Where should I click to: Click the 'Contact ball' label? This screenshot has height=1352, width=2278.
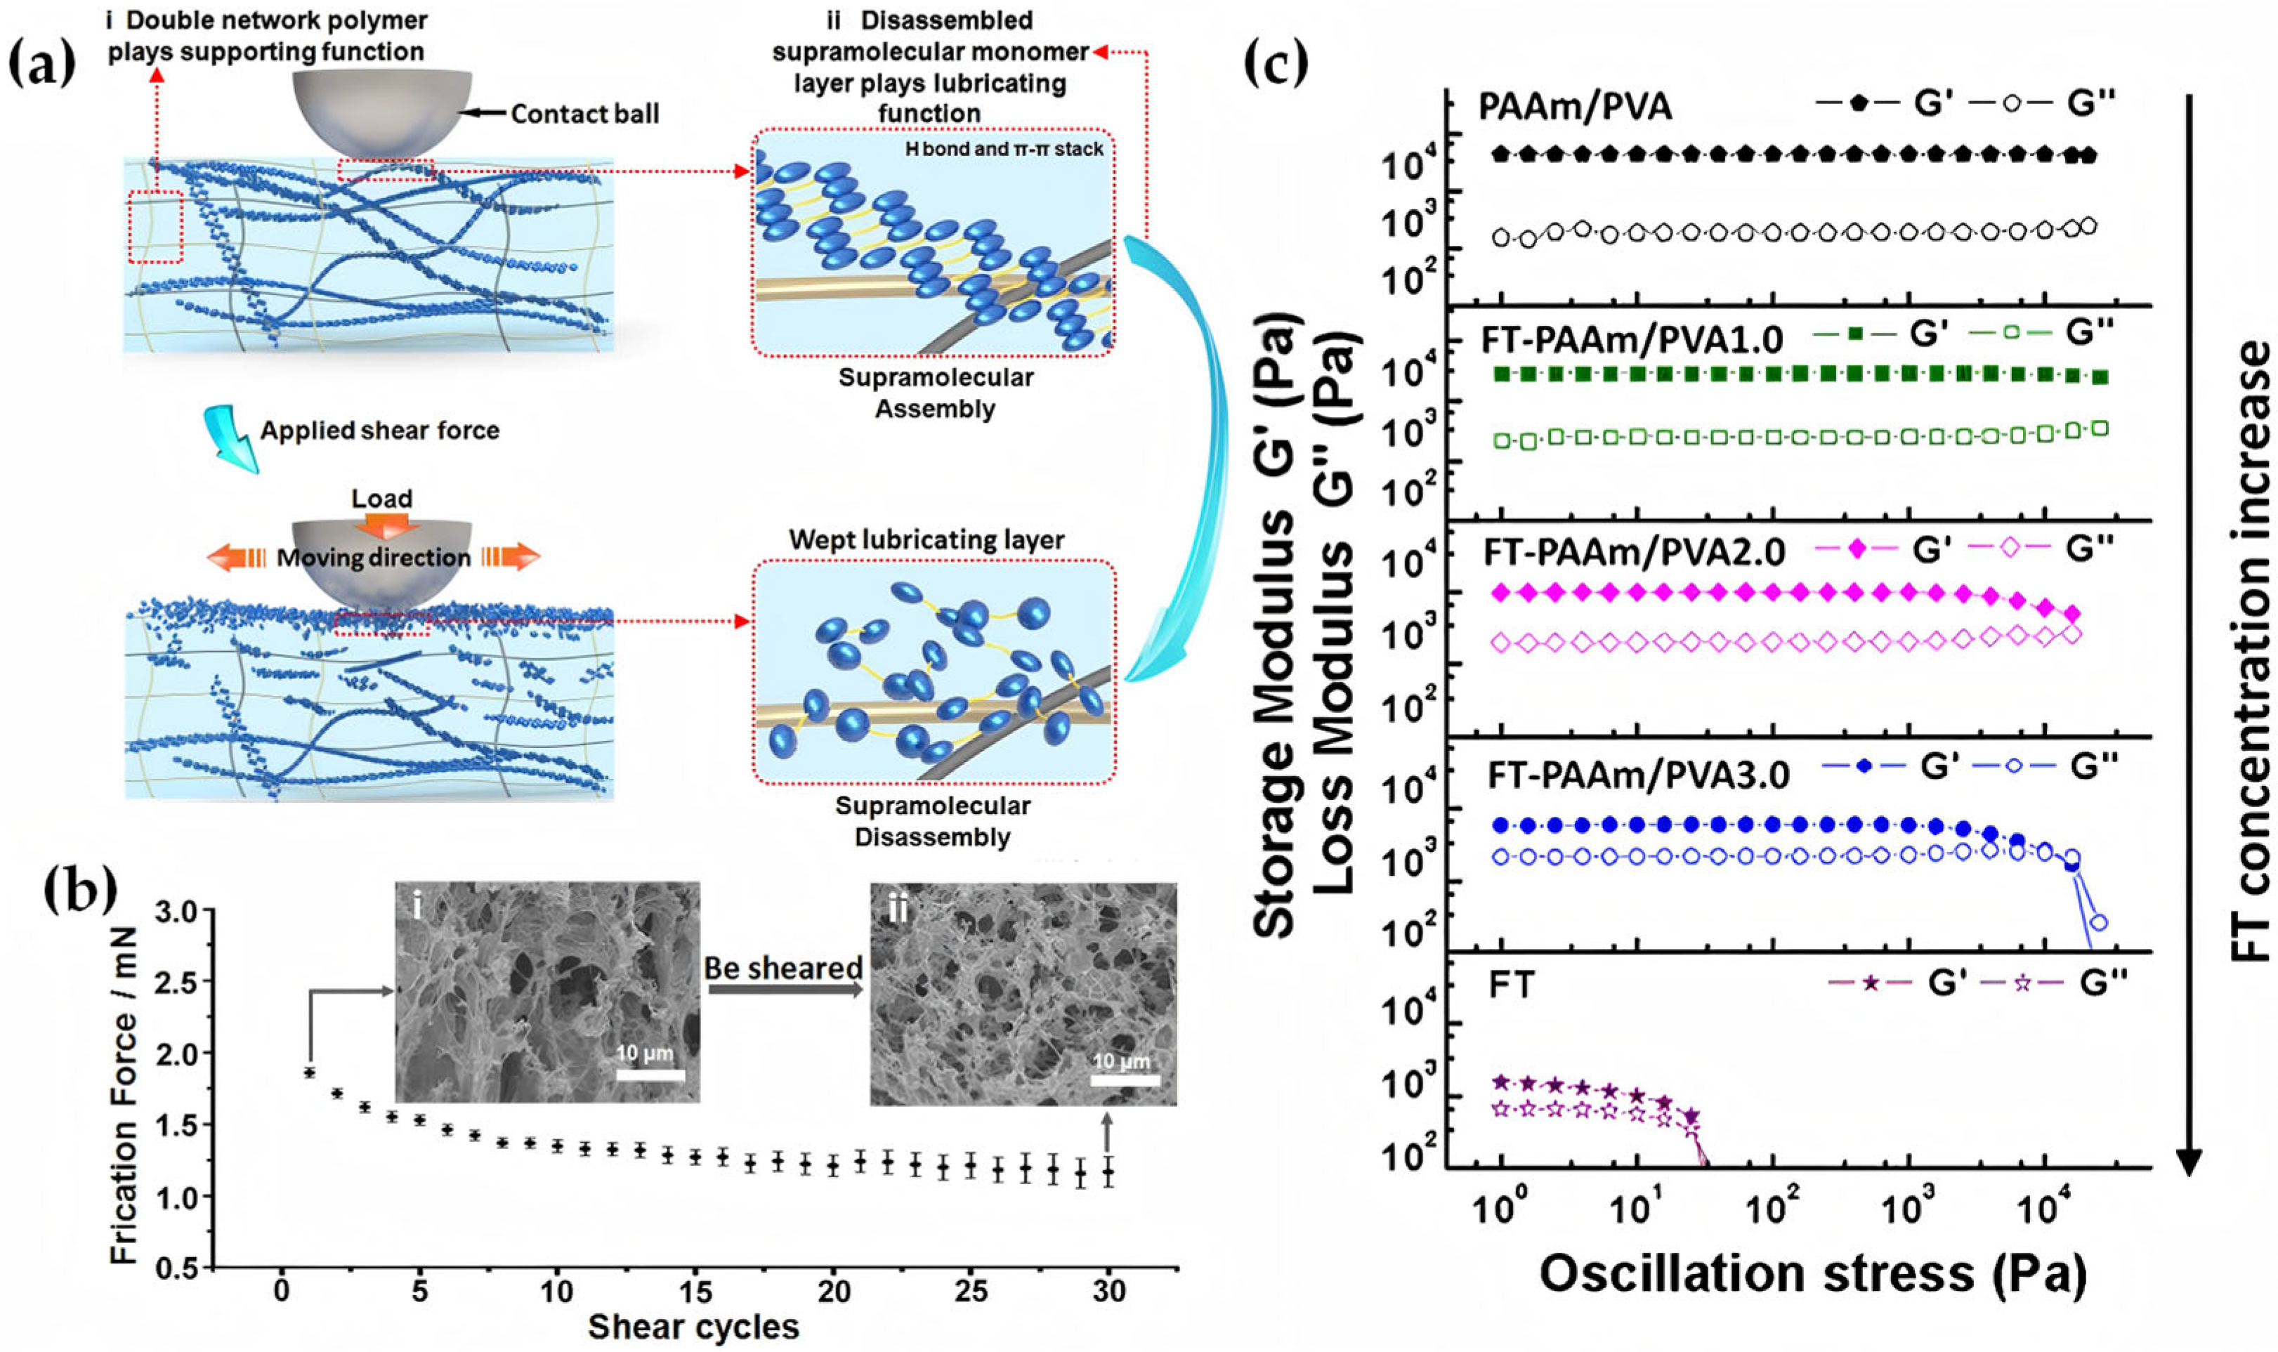point(584,114)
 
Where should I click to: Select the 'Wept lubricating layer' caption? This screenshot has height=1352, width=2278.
point(926,540)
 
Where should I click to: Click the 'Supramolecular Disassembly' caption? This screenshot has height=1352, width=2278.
point(932,822)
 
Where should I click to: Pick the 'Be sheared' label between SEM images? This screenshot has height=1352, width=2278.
point(783,968)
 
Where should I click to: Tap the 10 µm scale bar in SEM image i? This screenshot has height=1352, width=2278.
point(650,1075)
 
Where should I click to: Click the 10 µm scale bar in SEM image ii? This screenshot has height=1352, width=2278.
point(1125,1080)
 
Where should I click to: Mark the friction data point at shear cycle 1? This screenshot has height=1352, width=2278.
point(310,1072)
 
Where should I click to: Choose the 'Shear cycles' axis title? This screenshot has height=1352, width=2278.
point(693,1327)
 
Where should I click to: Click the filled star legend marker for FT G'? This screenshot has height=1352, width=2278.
point(1871,983)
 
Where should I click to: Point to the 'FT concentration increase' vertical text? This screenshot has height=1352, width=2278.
point(2248,651)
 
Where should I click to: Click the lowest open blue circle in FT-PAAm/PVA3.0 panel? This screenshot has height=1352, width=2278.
point(2098,923)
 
